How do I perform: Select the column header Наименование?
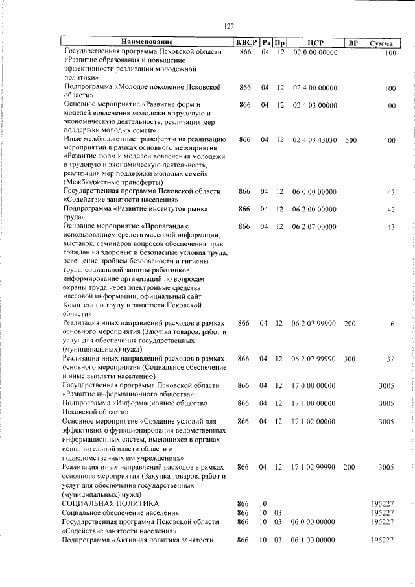pyautogui.click(x=147, y=43)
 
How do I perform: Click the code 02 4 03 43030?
pyautogui.click(x=314, y=140)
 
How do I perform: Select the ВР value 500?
pyautogui.click(x=351, y=140)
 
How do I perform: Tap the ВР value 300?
pyautogui.click(x=350, y=358)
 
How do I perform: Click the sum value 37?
pyautogui.click(x=390, y=358)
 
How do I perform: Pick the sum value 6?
pyautogui.click(x=392, y=323)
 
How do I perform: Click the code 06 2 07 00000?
pyautogui.click(x=314, y=226)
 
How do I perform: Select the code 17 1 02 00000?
pyautogui.click(x=314, y=421)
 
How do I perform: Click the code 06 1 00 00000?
pyautogui.click(x=314, y=558)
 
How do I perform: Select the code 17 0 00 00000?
pyautogui.click(x=314, y=385)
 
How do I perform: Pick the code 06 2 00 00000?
pyautogui.click(x=314, y=210)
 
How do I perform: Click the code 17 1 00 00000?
pyautogui.click(x=314, y=403)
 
